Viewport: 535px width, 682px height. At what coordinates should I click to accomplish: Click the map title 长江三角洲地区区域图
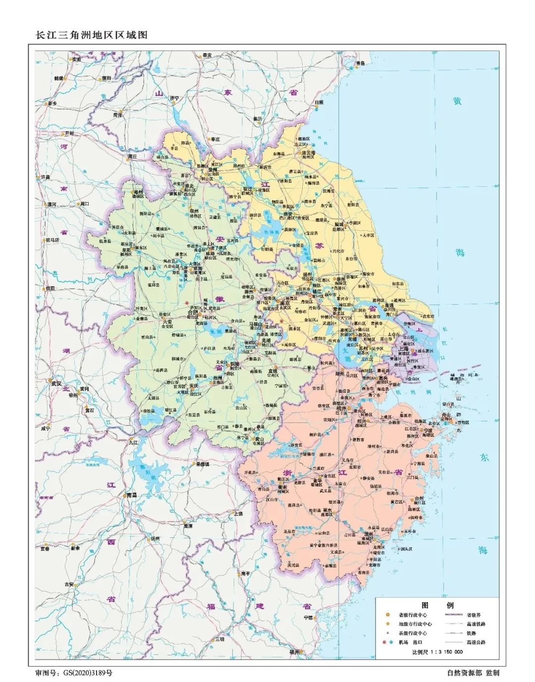91,35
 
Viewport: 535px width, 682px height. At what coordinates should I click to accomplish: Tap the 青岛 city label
360,63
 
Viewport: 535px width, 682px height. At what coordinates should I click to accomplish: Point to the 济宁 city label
174,98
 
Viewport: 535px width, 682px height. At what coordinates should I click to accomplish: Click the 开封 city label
68,134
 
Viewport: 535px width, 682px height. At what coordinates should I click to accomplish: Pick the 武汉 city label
55,383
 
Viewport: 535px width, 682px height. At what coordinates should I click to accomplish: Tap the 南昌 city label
131,495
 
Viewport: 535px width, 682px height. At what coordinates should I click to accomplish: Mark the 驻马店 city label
52,240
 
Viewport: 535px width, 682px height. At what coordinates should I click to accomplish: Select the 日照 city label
319,103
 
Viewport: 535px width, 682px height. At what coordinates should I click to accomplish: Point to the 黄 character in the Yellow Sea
457,101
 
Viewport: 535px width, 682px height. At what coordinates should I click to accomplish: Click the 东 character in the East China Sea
483,458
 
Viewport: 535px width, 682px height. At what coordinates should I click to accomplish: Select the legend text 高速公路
476,642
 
